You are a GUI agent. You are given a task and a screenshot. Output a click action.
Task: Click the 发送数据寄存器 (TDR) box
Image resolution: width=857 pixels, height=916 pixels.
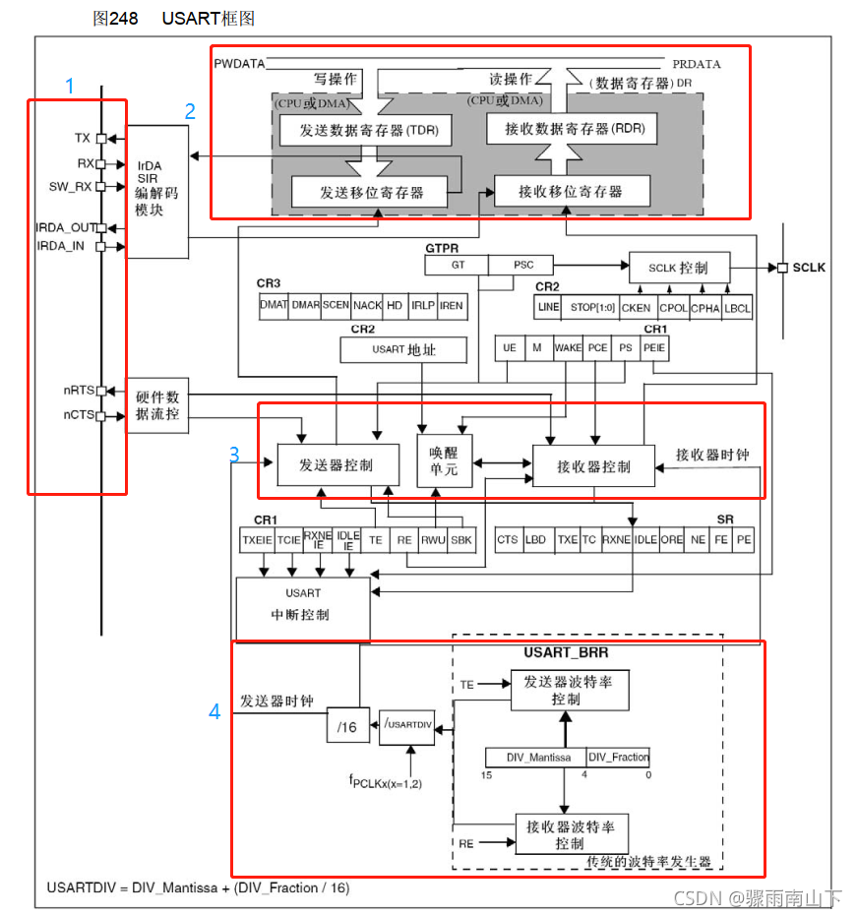360,130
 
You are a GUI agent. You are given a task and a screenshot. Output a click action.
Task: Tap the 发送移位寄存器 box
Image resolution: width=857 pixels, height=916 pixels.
369,192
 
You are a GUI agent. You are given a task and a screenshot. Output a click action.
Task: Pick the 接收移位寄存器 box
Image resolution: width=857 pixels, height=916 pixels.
571,191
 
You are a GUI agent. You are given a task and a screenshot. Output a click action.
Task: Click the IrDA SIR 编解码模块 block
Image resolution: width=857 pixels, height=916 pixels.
156,191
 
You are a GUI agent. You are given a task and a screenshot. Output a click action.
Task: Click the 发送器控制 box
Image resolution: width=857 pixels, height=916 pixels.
337,465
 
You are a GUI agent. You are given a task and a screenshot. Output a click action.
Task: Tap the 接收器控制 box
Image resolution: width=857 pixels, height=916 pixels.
593,465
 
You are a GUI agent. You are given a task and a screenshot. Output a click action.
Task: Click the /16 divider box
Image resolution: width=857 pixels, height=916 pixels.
346,726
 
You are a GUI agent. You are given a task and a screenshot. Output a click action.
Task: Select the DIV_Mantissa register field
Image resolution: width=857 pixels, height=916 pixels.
535,757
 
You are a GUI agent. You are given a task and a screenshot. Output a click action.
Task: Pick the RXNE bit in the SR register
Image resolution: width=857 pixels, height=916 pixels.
616,539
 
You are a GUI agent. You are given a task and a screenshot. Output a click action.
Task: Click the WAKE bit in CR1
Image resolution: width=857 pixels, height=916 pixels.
568,347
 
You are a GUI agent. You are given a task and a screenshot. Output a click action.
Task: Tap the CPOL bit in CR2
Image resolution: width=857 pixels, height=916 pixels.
673,307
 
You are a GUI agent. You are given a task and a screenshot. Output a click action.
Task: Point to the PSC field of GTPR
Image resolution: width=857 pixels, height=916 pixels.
524,265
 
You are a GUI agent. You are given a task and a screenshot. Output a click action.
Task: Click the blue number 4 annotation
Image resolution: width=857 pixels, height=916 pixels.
214,712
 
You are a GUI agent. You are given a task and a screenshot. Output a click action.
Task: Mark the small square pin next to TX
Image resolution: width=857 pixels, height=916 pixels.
100,139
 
